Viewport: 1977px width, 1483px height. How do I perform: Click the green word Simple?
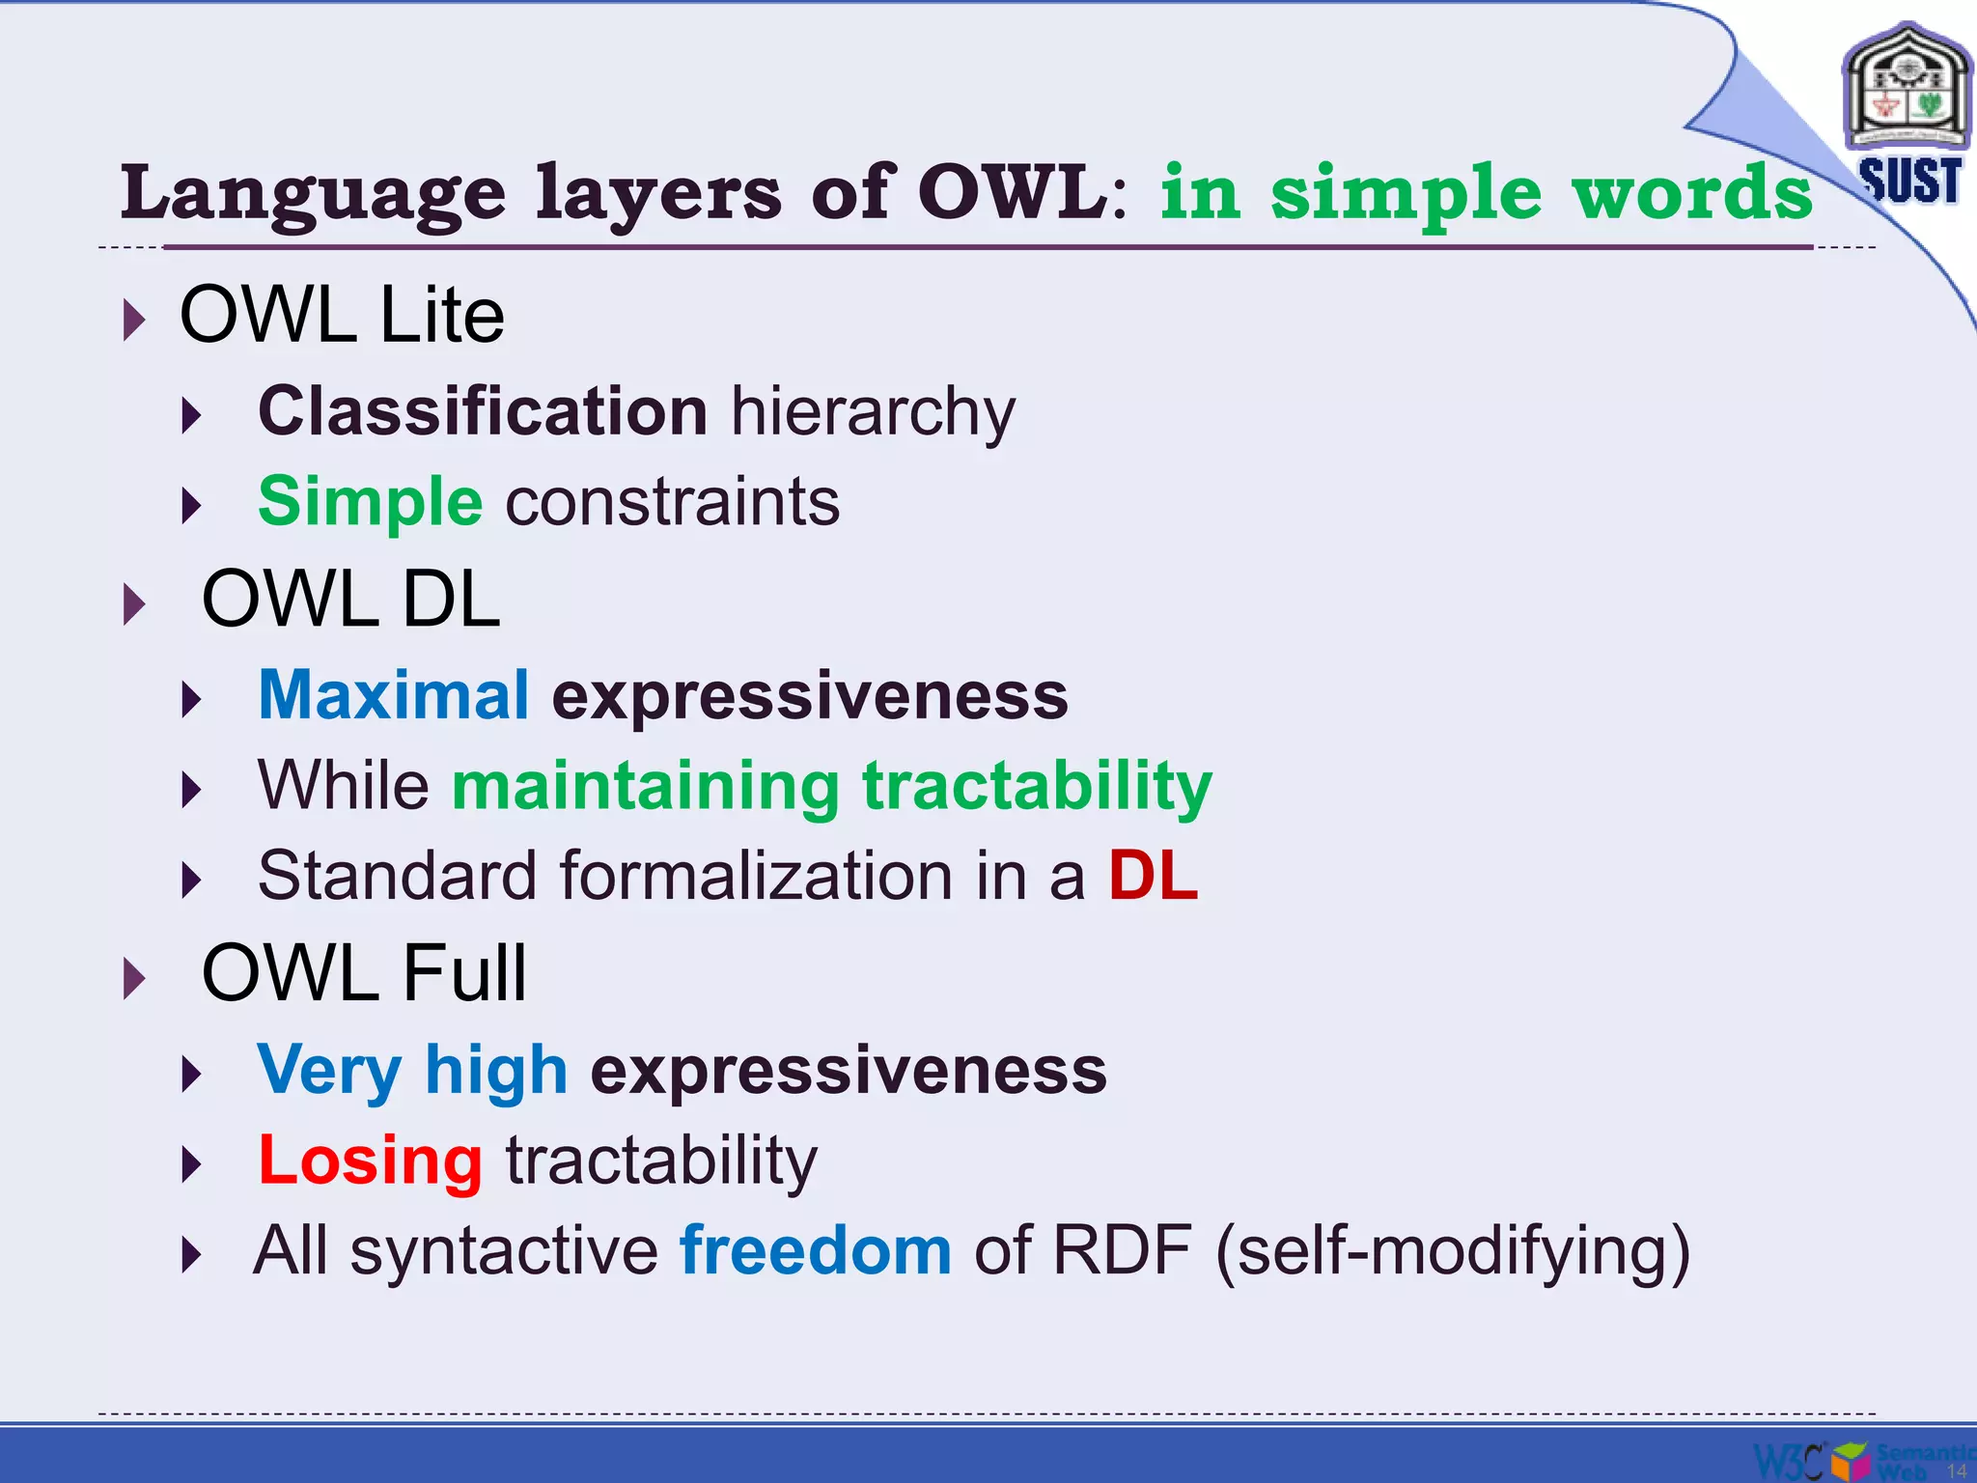[370, 502]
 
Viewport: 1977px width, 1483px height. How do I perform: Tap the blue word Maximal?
[393, 695]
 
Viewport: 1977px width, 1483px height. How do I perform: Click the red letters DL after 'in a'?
[1153, 876]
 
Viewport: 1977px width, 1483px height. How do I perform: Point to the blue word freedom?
[816, 1250]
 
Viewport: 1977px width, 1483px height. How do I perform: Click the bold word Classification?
[483, 411]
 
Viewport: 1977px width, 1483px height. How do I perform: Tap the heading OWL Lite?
[342, 315]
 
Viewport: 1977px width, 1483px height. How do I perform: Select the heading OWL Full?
[364, 973]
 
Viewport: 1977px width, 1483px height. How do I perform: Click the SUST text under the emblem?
[1909, 181]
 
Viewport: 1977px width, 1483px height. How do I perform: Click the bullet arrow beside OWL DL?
[135, 604]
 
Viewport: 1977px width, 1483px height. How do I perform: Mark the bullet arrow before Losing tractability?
[192, 1163]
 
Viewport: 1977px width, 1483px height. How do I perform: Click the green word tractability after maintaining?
[1037, 787]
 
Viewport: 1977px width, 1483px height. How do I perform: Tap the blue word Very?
[329, 1071]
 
